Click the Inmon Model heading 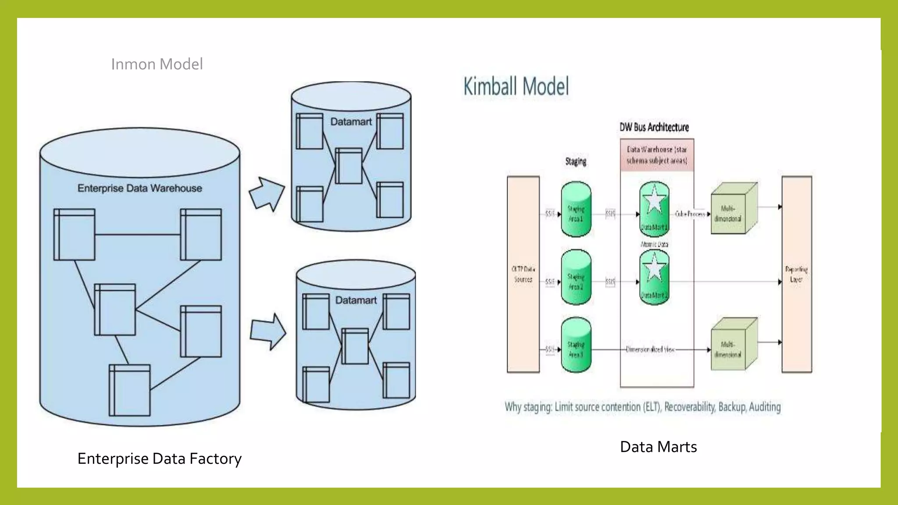(157, 64)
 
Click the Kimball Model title (516, 86)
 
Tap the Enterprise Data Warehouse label (139, 188)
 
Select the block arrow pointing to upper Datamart (267, 194)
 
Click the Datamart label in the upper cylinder (351, 122)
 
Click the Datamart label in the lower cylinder (356, 300)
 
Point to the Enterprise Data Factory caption (159, 459)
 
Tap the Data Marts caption (658, 447)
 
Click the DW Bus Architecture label (654, 127)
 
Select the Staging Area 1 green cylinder (576, 210)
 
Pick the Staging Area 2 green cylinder (576, 277)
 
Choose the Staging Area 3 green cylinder (576, 345)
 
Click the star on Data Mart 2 (654, 268)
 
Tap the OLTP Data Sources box (523, 274)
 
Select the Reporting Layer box (796, 274)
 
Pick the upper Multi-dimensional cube (733, 209)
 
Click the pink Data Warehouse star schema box (656, 155)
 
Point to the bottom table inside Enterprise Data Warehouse (129, 390)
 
